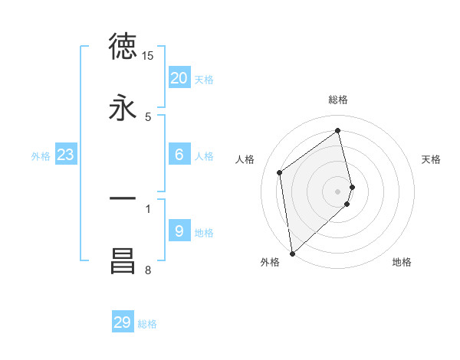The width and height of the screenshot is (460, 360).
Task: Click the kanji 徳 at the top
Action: coord(123,47)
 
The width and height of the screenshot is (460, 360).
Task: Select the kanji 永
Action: coord(123,108)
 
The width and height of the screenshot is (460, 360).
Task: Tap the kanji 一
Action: coord(123,199)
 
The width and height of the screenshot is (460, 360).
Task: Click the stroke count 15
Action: coord(148,56)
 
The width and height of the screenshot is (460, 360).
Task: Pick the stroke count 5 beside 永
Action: coord(148,117)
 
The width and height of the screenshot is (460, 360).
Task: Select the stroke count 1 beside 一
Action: coord(148,208)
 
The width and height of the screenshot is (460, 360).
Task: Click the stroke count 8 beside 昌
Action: coord(148,270)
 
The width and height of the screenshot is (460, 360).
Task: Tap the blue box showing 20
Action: coord(179,77)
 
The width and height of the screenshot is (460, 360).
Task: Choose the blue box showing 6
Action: coord(179,154)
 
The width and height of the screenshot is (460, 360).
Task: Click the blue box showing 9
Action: coord(179,231)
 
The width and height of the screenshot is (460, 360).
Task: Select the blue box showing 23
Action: coord(66,154)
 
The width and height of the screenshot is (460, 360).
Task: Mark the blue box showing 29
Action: coord(123,322)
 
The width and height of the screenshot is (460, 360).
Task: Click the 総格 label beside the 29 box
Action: coord(147,324)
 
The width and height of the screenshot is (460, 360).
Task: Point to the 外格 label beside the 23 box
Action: coord(41,156)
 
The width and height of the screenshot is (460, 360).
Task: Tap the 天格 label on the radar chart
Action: coord(432,159)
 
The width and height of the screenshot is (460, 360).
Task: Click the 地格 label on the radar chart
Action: coord(402,262)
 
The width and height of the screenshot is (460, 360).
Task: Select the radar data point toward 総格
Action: coord(338,131)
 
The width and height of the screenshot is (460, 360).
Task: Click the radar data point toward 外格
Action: coord(291,253)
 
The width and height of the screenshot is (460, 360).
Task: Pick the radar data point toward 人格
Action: coord(280,172)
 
